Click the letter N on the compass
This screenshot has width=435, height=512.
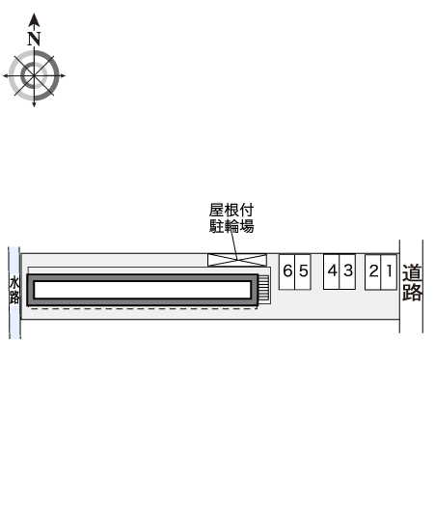click(x=35, y=39)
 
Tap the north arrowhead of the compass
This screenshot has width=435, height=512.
click(x=35, y=19)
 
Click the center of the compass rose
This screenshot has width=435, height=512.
click(x=35, y=74)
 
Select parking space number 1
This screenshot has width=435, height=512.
click(x=388, y=271)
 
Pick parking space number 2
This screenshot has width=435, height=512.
click(x=373, y=271)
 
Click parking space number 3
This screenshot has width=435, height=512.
click(x=347, y=271)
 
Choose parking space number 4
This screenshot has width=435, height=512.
click(x=332, y=271)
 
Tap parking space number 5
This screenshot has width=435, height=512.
click(x=303, y=271)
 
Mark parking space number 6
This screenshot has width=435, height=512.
click(x=287, y=271)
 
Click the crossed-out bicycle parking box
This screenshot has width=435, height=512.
click(x=238, y=259)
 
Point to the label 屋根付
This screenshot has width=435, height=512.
click(x=232, y=210)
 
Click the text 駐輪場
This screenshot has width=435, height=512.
click(x=232, y=227)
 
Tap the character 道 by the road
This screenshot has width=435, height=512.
click(x=413, y=273)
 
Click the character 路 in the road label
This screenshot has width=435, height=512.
click(x=413, y=293)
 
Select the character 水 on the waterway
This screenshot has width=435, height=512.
click(x=14, y=282)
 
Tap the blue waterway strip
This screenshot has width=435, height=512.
click(x=14, y=319)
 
